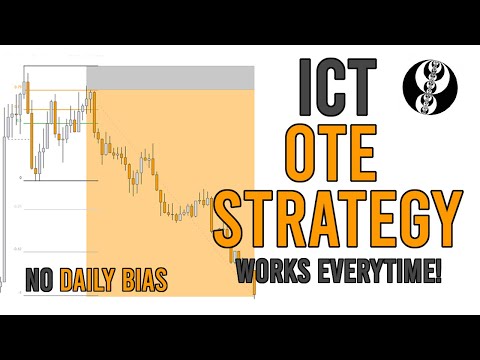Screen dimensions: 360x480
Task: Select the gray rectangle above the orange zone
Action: point(170,78)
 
